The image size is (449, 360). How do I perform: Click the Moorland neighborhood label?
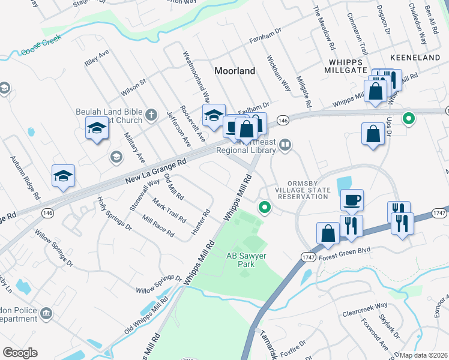point(235,71)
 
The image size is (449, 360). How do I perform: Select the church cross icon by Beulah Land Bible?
point(152,114)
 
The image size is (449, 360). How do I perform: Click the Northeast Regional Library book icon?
point(286,144)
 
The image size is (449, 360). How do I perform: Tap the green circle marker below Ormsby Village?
point(264,208)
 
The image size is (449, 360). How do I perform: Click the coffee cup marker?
point(352,200)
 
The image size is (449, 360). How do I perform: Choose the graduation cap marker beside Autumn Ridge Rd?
point(63,176)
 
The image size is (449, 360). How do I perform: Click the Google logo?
point(20,353)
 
